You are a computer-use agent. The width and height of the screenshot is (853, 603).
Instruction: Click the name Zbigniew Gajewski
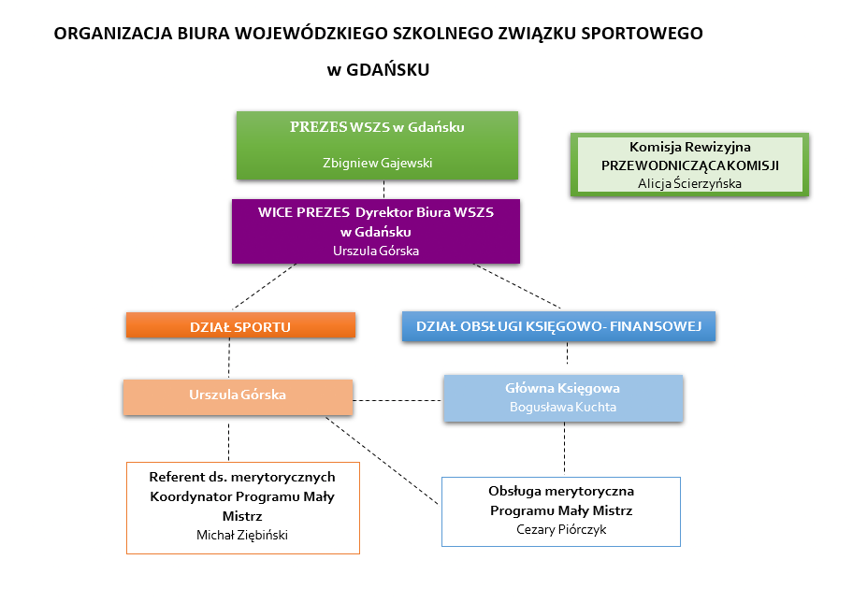[x=377, y=162]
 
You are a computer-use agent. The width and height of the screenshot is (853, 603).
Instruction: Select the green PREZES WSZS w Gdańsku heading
[x=377, y=127]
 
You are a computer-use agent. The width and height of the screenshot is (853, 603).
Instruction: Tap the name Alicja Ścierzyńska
[x=689, y=183]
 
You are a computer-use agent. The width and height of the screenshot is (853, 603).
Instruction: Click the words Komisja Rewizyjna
[x=689, y=147]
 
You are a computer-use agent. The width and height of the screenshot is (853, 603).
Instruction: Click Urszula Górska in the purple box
[x=376, y=251]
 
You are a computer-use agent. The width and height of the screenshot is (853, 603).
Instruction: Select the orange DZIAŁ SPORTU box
[x=240, y=326]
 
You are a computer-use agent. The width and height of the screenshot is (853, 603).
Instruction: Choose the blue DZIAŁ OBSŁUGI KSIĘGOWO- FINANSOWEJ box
[x=558, y=326]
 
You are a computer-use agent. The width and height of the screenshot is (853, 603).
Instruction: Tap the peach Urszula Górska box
[x=238, y=395]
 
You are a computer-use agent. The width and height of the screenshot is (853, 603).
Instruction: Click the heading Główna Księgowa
[x=563, y=388]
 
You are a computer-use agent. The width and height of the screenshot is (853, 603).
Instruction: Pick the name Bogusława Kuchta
[x=563, y=407]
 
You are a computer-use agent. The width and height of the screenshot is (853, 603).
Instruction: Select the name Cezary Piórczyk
[x=560, y=528]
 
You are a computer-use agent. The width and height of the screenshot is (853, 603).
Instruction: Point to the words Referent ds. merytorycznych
[x=242, y=477]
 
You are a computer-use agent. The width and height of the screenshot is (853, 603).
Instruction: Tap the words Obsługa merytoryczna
[x=561, y=491]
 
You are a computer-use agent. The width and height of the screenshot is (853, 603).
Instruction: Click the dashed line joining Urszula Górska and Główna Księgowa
[x=398, y=400]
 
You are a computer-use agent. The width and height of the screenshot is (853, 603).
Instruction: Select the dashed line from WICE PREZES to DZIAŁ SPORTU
[x=264, y=287]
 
